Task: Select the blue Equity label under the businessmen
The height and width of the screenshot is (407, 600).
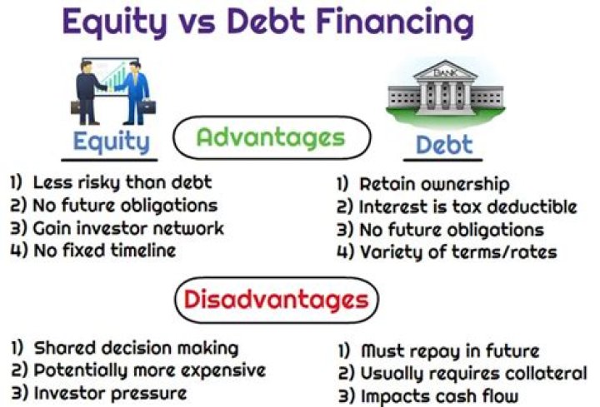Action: click(x=115, y=141)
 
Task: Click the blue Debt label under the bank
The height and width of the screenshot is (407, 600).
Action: click(x=444, y=144)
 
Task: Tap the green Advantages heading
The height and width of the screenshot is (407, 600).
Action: click(x=271, y=136)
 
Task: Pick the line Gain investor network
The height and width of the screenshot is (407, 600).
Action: click(x=117, y=227)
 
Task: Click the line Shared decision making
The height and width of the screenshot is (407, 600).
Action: click(x=124, y=348)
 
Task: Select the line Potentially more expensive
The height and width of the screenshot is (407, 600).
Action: click(x=137, y=370)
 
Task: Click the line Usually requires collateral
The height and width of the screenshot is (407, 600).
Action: click(x=462, y=373)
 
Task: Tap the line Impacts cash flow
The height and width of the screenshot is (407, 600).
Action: click(x=428, y=395)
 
